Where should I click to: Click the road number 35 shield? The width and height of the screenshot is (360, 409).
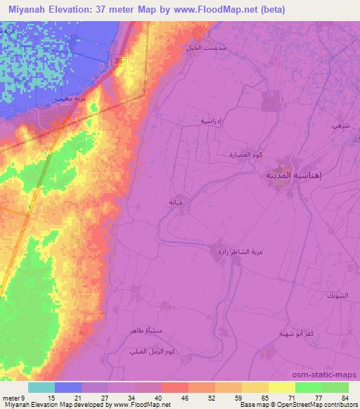point(117,62)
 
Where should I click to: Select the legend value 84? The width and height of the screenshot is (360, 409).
point(345,397)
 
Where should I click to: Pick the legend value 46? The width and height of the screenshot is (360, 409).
point(184,397)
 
